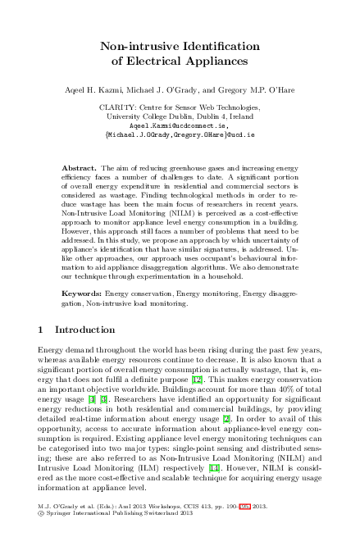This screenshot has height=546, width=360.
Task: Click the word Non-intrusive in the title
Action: pos(139,46)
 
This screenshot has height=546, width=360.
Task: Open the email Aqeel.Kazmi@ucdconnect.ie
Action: pos(180,125)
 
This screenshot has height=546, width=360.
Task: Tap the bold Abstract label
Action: pos(80,167)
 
